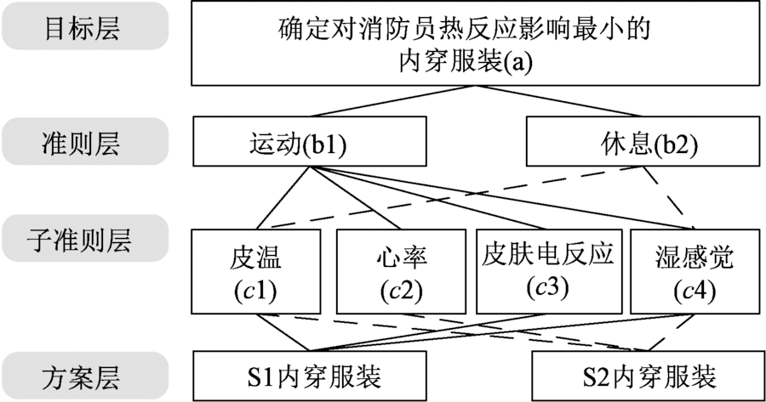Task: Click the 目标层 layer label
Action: pos(82,28)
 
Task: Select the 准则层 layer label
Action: pos(82,142)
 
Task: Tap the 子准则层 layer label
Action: pos(82,241)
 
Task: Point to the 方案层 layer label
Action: pos(82,375)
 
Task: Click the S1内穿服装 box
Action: pos(309,376)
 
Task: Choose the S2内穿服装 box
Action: pos(648,376)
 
